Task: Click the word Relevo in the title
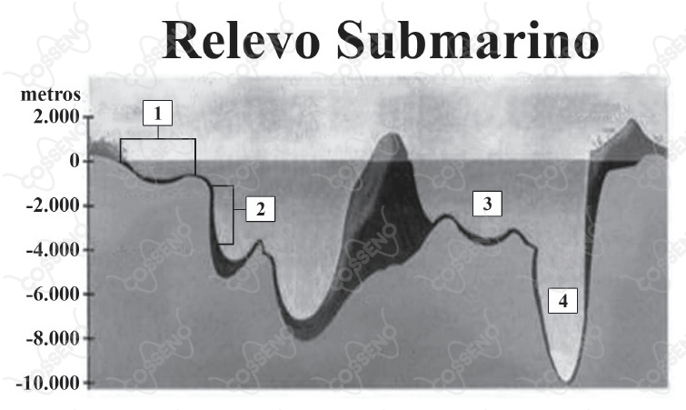click(x=241, y=40)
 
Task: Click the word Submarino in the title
click(x=468, y=40)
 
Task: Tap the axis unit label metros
click(x=51, y=95)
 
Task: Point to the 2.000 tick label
click(x=56, y=117)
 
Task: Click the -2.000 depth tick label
click(x=53, y=205)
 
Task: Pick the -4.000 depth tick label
click(x=53, y=250)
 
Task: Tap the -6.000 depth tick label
click(x=53, y=294)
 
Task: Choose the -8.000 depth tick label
click(x=53, y=338)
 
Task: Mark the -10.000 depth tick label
click(x=48, y=384)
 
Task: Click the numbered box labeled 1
click(x=157, y=113)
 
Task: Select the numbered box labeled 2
click(x=260, y=209)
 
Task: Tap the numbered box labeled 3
click(x=487, y=204)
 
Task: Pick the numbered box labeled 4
click(x=562, y=301)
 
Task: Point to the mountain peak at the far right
click(x=631, y=119)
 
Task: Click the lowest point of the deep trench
click(x=567, y=384)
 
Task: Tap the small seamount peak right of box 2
click(x=261, y=241)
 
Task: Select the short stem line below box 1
click(x=158, y=132)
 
